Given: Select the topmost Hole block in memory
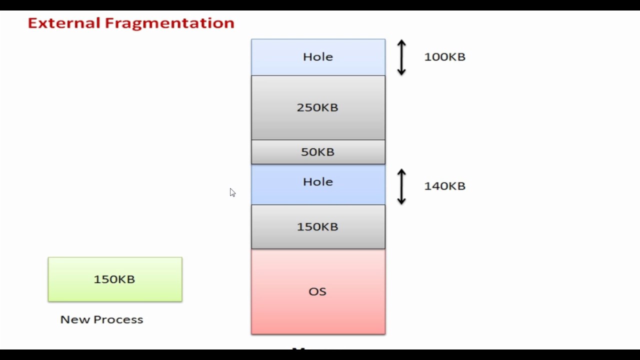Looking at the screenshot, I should tap(318, 57).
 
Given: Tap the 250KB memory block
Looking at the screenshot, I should tap(318, 107).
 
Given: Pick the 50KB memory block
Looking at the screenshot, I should tap(318, 152).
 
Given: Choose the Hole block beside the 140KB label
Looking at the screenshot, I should tap(318, 184).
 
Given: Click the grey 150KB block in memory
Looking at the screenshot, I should tap(318, 226).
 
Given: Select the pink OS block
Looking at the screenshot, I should tap(318, 291).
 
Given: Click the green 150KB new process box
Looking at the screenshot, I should tap(115, 279).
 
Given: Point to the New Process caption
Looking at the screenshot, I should tap(101, 319).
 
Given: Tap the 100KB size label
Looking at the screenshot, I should tap(444, 57).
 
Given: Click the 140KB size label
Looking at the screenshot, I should tap(444, 186).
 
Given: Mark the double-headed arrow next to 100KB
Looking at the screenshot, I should tap(401, 57).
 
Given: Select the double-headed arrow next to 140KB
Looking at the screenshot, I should tap(401, 186).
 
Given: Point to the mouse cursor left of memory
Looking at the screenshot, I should tap(232, 192).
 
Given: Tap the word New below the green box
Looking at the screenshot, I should tap(71, 319).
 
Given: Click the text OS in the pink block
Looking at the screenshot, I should tap(317, 291).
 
